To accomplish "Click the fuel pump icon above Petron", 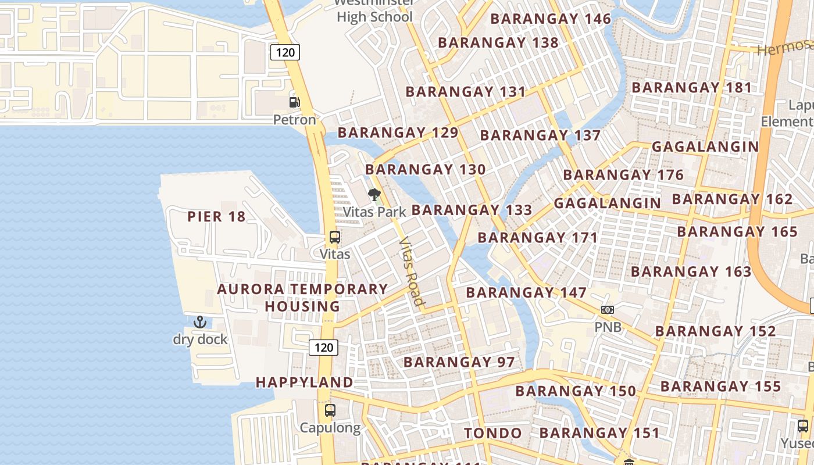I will pos(295,102).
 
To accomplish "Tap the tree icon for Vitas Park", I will pos(374,195).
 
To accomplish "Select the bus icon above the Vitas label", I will pos(335,237).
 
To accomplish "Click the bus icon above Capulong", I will pos(330,410).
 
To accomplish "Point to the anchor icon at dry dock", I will pos(200,322).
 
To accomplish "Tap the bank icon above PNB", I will pos(608,310).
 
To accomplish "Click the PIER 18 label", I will pos(216,217).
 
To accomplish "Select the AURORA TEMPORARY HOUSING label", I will pos(302,298).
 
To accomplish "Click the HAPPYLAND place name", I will pos(304,382).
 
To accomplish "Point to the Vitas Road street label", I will pos(412,271).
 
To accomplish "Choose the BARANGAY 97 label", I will pos(459,362).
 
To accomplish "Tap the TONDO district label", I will pos(493,433).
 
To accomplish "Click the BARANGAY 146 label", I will pos(551,19).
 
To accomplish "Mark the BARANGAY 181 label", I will pos(692,88).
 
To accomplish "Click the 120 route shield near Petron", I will pos(285,53).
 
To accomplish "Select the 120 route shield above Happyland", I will pos(323,348).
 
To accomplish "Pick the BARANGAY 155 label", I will pos(720,387).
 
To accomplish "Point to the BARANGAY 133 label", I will pos(472,210).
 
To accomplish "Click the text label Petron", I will pos(295,120).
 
